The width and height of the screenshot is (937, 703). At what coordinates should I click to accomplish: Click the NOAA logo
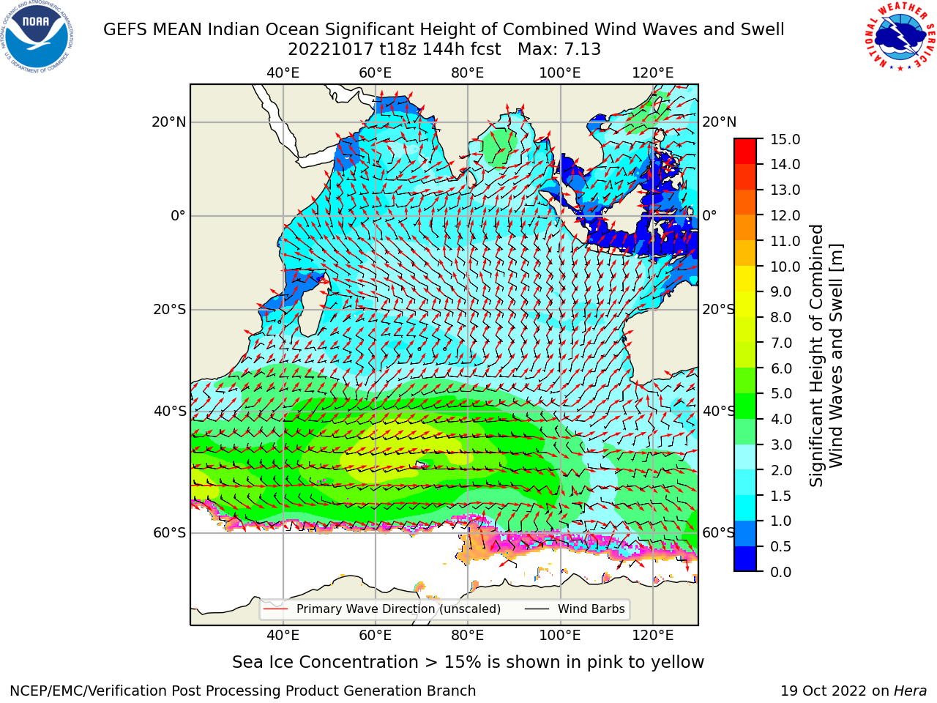[37, 37]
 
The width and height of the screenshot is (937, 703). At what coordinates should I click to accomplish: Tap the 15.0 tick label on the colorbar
[785, 139]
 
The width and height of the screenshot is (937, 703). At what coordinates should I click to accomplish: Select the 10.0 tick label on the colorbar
[785, 267]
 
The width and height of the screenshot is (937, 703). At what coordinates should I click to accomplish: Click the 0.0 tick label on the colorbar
[781, 572]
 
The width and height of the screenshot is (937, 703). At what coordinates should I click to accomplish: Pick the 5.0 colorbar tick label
[781, 393]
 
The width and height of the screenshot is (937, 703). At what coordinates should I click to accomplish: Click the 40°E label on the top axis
[283, 73]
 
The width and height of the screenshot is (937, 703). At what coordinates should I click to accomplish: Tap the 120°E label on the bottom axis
[653, 636]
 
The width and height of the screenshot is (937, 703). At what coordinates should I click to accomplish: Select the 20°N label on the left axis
[169, 122]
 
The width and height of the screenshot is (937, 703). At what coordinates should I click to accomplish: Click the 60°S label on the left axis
[170, 532]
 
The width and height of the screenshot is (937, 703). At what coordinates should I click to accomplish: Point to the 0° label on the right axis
[709, 215]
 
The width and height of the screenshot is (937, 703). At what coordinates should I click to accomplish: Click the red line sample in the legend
[275, 609]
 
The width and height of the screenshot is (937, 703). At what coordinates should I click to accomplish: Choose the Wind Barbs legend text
[591, 609]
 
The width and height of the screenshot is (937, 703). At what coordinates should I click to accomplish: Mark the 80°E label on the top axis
[468, 73]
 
